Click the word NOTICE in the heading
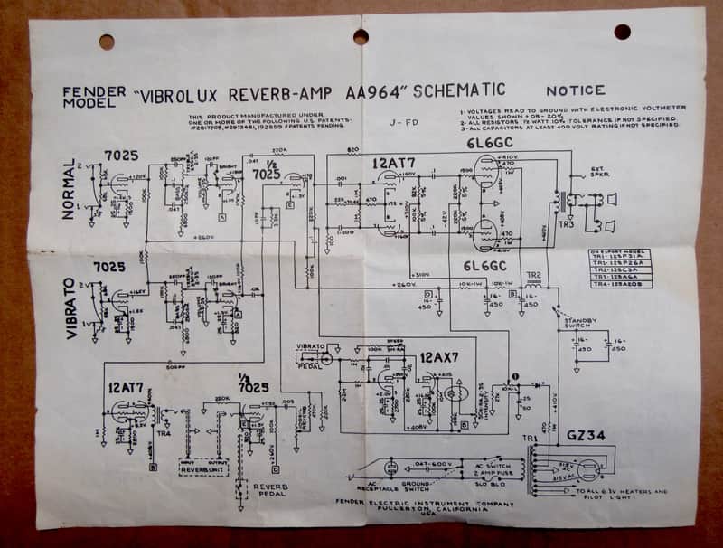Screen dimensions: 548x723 click(576, 90)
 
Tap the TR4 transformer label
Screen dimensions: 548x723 click(164, 431)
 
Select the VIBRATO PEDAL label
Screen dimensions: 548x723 click(309, 353)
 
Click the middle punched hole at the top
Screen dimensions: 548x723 click(361, 37)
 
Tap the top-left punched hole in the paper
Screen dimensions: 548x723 click(107, 42)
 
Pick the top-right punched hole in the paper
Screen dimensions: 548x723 click(622, 32)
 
